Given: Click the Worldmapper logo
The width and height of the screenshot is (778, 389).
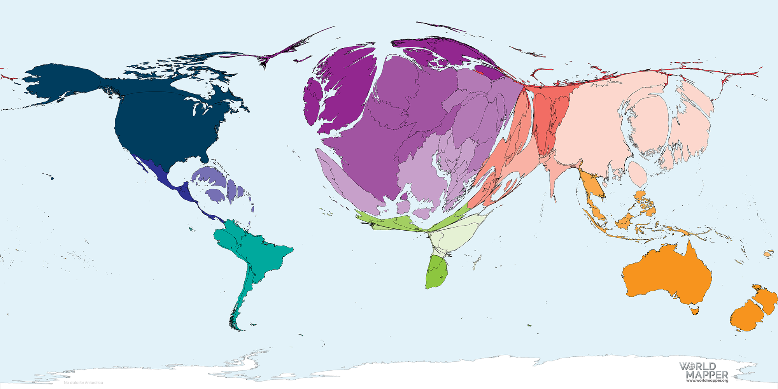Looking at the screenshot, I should tap(703, 371).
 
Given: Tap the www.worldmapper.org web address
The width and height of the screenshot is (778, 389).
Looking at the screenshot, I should tap(707, 380).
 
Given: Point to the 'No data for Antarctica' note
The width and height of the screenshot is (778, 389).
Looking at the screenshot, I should tap(83, 383).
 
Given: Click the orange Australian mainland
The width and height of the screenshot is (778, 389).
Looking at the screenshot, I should tap(667, 276).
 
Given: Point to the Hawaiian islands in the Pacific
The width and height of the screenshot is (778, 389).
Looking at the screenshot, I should tap(49, 177).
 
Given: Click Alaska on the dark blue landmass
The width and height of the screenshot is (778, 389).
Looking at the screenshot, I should tap(58, 84).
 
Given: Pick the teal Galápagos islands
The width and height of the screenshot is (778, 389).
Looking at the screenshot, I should tap(191, 229).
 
